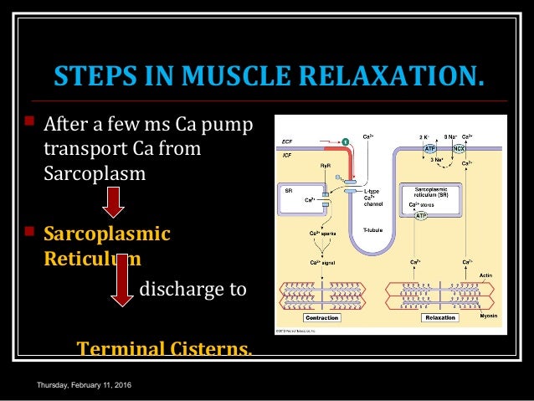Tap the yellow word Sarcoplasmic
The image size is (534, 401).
tap(106, 233)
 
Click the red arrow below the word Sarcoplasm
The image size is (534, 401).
tap(113, 202)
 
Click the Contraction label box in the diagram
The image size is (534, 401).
tap(321, 318)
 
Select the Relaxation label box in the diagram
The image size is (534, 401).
tap(439, 318)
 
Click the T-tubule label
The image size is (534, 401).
tap(372, 229)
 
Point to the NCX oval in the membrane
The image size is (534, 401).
tap(460, 148)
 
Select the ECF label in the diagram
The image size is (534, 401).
tap(288, 141)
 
